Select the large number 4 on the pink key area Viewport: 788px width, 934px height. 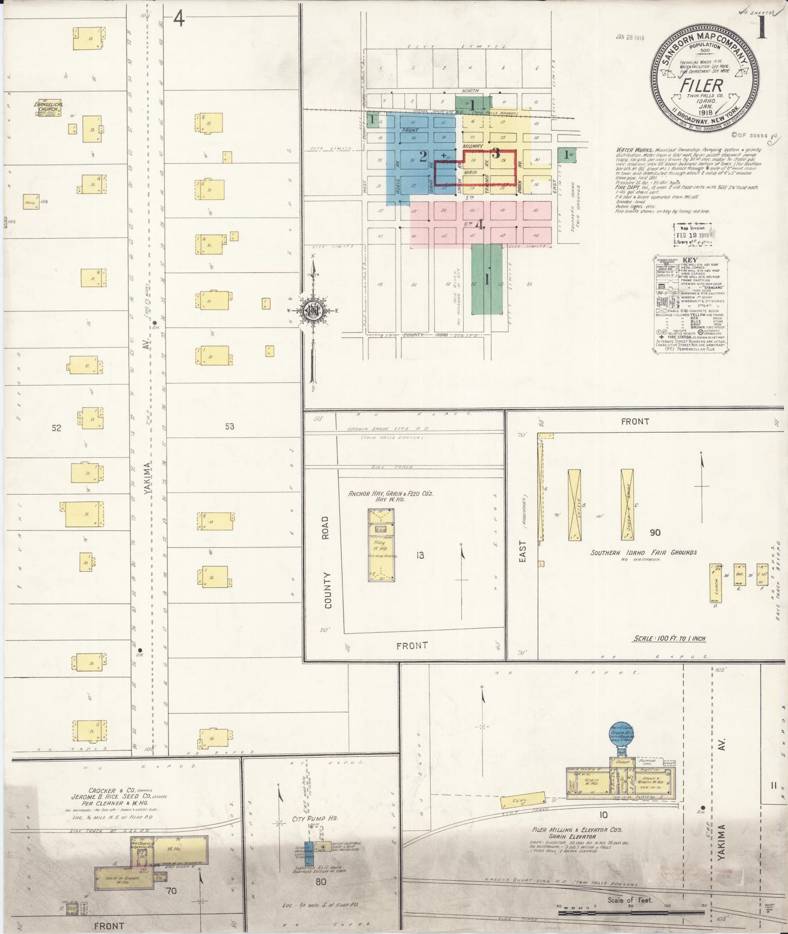tap(480, 224)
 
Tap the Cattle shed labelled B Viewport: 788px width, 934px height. tap(574, 505)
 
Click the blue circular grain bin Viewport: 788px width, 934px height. tap(621, 737)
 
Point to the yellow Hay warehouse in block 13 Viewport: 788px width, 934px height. tap(381, 545)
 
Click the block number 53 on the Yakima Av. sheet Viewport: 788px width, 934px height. tap(229, 427)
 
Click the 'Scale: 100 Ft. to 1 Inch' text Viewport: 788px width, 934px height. tap(669, 638)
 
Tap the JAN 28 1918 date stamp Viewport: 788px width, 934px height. tap(630, 38)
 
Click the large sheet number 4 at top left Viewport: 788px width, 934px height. tap(179, 19)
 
